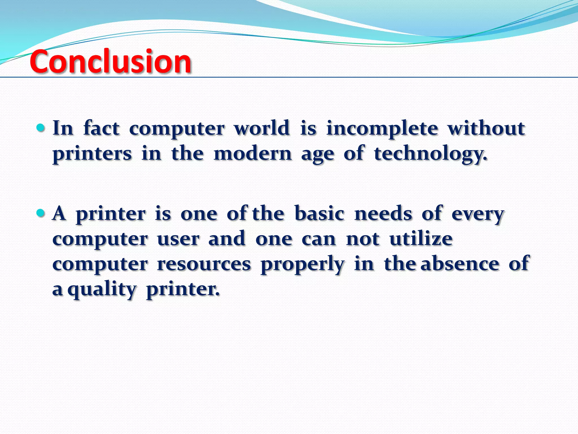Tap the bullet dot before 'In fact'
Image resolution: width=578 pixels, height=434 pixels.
click(41, 128)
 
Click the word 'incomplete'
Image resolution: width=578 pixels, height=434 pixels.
click(382, 129)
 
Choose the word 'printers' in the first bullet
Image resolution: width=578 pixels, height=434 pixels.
click(92, 154)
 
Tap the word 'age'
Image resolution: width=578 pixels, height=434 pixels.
click(318, 155)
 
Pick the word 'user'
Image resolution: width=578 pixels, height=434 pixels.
click(178, 239)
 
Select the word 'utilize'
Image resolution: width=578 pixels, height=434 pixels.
click(421, 238)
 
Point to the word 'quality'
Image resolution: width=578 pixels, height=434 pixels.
click(102, 290)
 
